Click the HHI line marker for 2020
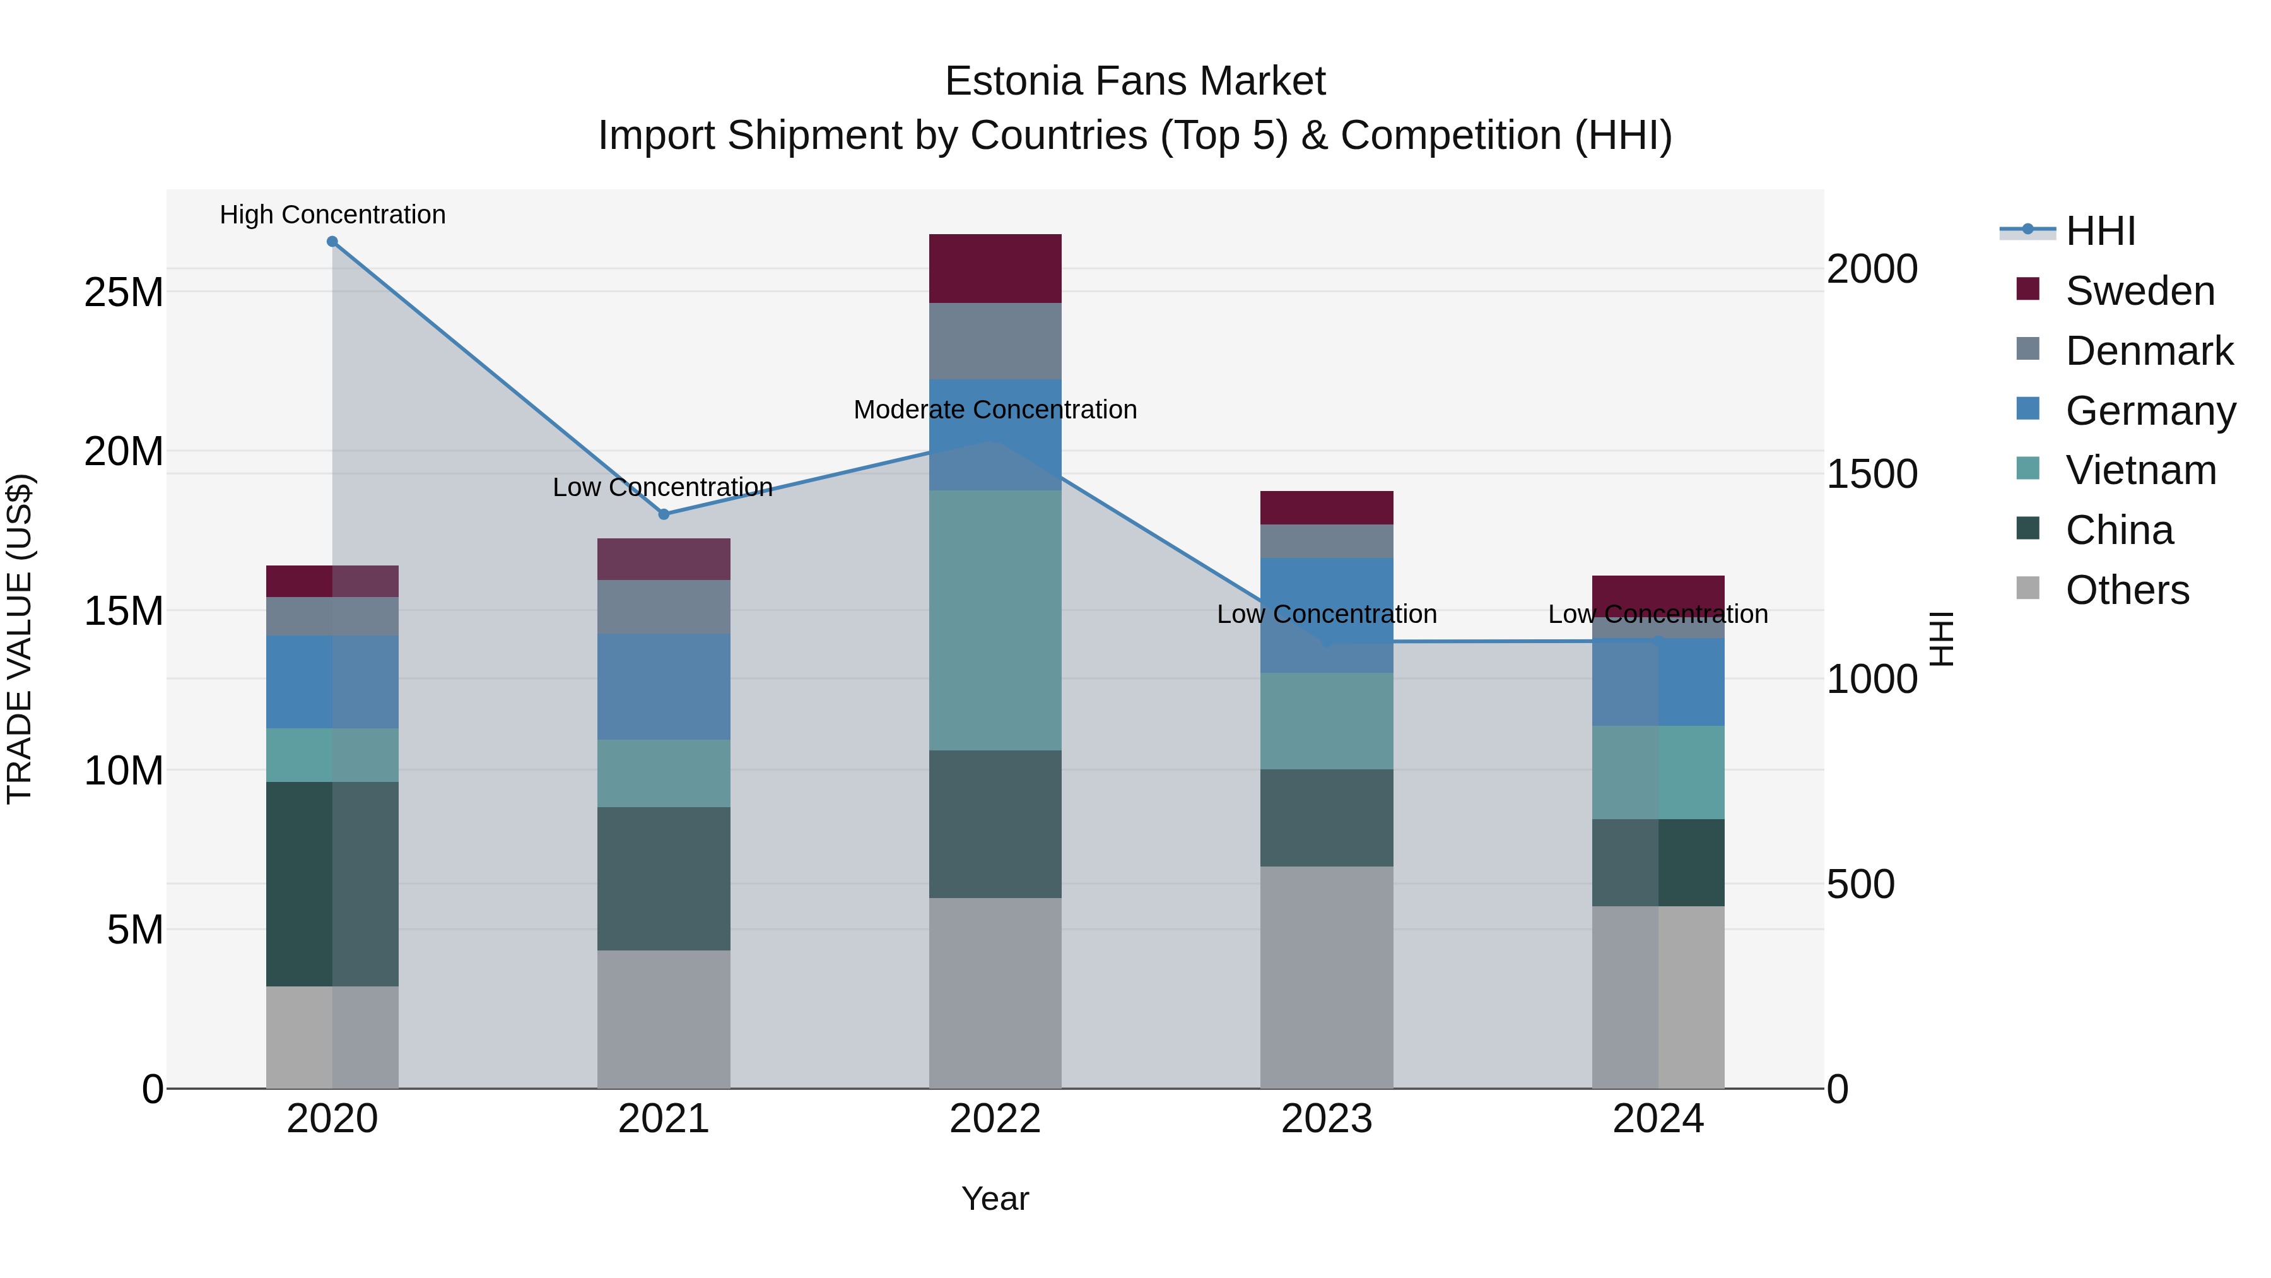pos(332,242)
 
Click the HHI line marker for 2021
pos(664,514)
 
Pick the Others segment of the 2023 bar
pos(1326,976)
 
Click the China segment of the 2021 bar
pos(664,879)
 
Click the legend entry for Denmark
pos(2149,351)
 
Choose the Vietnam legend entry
pos(2140,470)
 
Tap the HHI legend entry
pos(2100,231)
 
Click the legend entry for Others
pos(2127,590)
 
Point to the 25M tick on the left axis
pos(124,292)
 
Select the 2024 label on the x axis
pos(1657,1119)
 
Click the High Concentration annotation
pos(332,215)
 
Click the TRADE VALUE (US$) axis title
pos(20,639)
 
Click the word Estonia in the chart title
pos(1014,81)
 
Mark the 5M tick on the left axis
pos(135,930)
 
